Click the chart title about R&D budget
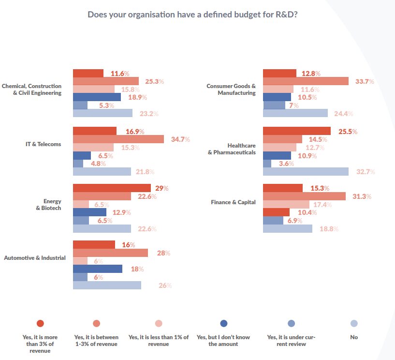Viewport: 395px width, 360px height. click(x=192, y=14)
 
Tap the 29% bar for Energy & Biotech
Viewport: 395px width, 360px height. click(x=112, y=188)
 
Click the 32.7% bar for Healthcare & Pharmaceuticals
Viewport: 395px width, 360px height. click(x=306, y=172)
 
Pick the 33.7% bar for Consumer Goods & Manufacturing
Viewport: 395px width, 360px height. click(x=306, y=81)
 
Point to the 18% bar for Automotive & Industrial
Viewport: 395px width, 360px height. click(x=97, y=269)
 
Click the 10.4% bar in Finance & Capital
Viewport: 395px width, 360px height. click(x=276, y=212)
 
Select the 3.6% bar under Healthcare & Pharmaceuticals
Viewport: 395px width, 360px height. click(x=267, y=164)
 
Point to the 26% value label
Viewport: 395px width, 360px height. click(x=165, y=285)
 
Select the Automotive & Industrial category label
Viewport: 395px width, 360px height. click(x=35, y=258)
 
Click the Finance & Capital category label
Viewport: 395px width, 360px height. click(x=233, y=202)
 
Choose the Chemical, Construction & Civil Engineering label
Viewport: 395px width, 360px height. click(x=32, y=89)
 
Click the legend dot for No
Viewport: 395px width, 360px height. click(x=354, y=323)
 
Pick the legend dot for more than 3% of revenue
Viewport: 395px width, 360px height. click(x=40, y=323)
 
